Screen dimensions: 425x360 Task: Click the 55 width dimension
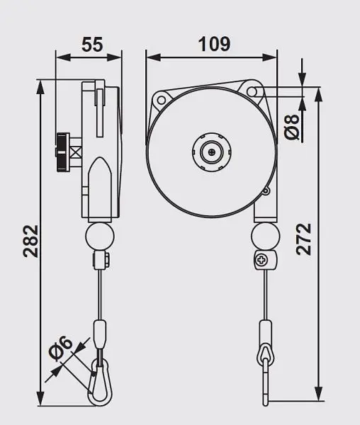click(x=91, y=44)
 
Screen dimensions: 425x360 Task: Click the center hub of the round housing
click(x=210, y=150)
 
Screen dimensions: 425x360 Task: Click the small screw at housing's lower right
click(x=266, y=191)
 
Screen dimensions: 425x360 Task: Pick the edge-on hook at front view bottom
click(x=264, y=375)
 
